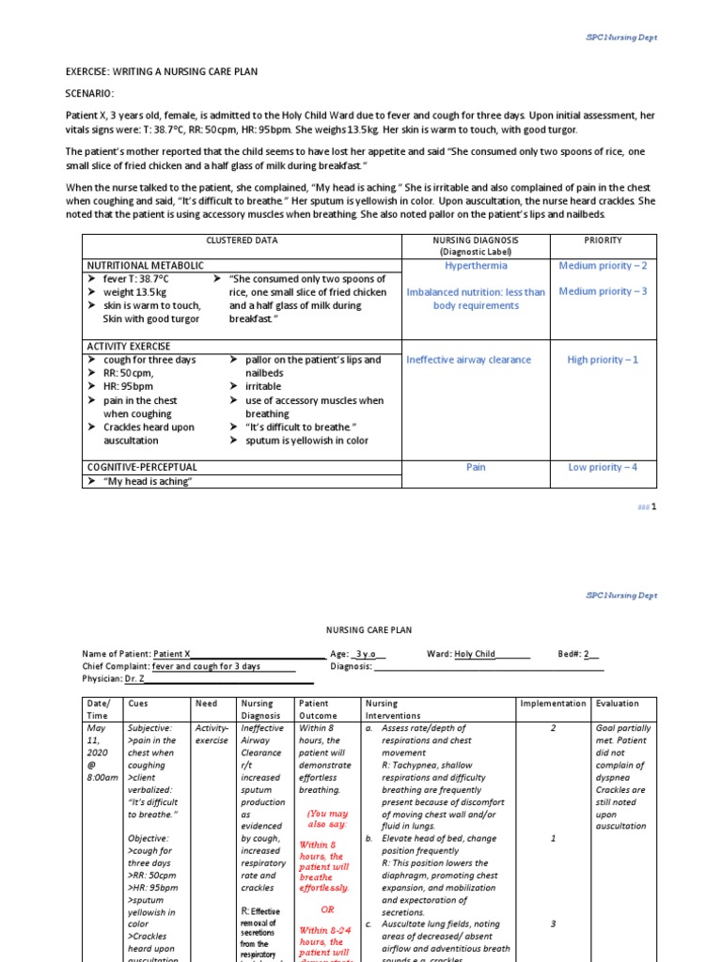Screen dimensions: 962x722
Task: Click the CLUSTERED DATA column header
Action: coord(243,240)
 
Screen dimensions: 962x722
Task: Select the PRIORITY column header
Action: coord(603,240)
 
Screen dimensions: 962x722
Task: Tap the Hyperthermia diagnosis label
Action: coord(475,266)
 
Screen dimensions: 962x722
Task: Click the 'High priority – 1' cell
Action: coord(603,360)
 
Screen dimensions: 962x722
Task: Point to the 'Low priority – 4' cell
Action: coord(603,467)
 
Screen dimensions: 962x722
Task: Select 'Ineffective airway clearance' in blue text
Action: coord(468,360)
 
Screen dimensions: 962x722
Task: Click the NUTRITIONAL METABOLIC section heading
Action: coord(145,266)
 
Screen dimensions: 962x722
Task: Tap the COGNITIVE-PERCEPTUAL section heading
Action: coord(142,467)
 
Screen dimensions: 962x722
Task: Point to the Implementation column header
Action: coord(554,703)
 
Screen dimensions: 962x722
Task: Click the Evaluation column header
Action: coord(617,703)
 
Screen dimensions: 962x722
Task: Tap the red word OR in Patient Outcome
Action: coord(327,909)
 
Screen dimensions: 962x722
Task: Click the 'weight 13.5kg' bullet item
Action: coord(135,292)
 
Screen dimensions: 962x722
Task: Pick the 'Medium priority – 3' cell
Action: coord(603,291)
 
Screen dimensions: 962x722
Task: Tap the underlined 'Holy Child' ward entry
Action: coord(475,654)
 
